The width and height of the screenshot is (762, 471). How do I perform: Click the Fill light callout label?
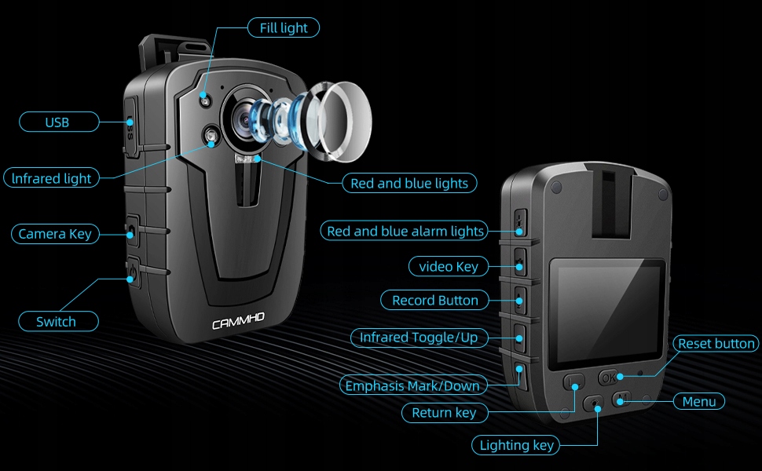tap(283, 27)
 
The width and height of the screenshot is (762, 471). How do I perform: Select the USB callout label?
tap(57, 122)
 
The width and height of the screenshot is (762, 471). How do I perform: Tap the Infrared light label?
tap(51, 178)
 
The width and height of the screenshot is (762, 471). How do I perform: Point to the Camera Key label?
tap(55, 233)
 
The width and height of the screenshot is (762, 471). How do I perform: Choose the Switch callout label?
tap(57, 321)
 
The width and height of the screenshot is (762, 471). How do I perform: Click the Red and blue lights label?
tap(408, 183)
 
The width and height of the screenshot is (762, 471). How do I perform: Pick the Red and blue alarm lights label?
tap(405, 231)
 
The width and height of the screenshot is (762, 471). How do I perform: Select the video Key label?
tap(448, 267)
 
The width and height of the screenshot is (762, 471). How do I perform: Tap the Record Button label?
tap(434, 300)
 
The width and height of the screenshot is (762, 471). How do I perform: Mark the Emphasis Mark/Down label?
tap(412, 385)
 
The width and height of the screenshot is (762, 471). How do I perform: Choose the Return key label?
tap(444, 412)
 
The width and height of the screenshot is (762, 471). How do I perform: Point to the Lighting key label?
tap(516, 445)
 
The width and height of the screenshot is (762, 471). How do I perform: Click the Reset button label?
tap(716, 343)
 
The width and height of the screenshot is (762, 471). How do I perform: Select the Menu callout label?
tap(699, 401)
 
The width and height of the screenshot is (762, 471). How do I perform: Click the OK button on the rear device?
tap(609, 378)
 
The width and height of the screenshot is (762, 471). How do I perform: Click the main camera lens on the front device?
tap(246, 119)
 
